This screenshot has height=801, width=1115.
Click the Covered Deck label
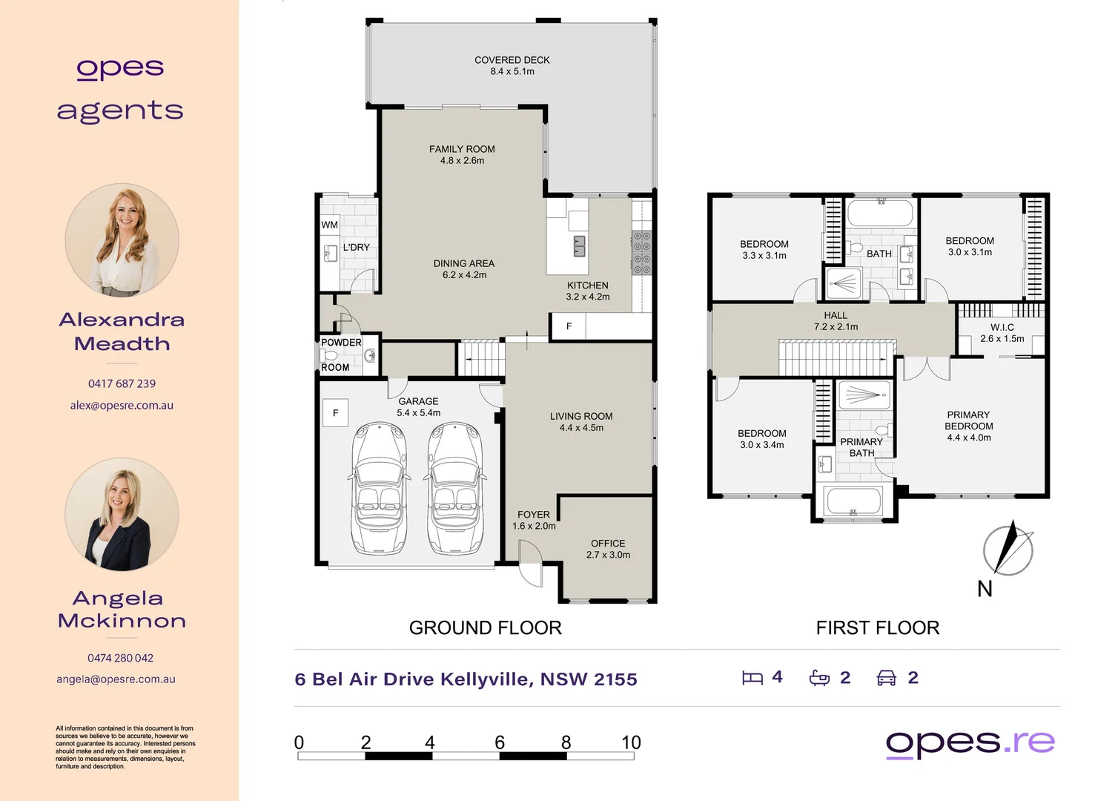click(512, 60)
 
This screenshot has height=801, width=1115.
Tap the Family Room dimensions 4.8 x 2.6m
click(462, 161)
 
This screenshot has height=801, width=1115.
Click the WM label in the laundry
click(330, 225)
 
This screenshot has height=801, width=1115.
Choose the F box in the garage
click(336, 413)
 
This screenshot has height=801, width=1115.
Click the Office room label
click(608, 544)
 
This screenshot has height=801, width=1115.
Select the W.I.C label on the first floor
click(1002, 327)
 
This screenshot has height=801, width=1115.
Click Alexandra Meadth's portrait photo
click(122, 240)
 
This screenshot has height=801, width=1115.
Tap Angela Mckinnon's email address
click(116, 679)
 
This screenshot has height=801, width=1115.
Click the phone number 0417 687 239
click(122, 383)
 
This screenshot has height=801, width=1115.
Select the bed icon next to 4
click(752, 678)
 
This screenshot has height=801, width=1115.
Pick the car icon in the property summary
click(887, 678)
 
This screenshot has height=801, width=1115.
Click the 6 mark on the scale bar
click(500, 743)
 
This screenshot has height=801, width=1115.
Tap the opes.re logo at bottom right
click(970, 742)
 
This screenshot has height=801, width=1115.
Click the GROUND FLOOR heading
click(485, 628)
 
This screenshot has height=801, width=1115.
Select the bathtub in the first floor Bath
click(880, 213)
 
